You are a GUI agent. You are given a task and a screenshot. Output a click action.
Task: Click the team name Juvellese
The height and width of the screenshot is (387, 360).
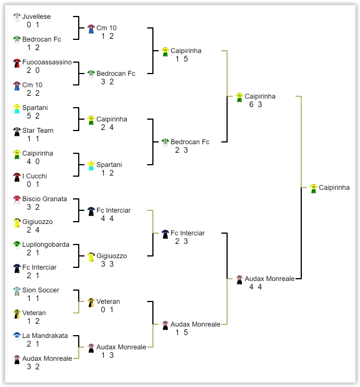click(x=37, y=17)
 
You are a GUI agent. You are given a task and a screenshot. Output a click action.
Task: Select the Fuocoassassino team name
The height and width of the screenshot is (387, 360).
click(x=47, y=62)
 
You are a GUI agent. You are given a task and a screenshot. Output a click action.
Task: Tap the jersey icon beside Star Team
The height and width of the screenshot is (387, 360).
click(x=17, y=132)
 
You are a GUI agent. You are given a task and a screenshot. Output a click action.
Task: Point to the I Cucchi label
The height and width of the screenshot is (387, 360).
click(x=34, y=176)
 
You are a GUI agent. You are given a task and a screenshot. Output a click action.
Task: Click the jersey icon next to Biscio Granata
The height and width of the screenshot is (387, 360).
click(x=17, y=200)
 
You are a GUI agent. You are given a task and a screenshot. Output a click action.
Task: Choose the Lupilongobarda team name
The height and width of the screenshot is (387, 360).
click(x=46, y=245)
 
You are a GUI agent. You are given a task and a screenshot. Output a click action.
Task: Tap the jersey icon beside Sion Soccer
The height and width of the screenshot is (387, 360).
click(x=17, y=291)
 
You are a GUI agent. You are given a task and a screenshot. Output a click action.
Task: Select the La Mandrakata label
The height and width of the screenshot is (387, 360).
click(x=45, y=336)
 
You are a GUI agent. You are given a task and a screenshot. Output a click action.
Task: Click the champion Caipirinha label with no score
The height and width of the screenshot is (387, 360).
click(x=334, y=188)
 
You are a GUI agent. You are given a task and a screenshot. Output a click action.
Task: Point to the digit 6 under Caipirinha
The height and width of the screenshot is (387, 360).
click(x=251, y=104)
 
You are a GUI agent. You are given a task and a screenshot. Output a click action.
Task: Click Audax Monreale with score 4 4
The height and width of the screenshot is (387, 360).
click(x=269, y=279)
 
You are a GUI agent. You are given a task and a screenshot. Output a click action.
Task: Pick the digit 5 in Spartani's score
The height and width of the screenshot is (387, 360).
click(x=29, y=116)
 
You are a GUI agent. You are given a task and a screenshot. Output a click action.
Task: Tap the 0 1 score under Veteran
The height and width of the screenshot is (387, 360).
click(x=107, y=309)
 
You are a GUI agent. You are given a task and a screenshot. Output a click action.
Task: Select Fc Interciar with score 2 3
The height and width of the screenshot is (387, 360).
click(x=188, y=233)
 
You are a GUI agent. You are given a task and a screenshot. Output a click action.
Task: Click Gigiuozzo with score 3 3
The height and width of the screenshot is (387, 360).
click(x=111, y=256)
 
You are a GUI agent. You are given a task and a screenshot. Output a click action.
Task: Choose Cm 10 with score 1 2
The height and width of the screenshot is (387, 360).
click(x=106, y=28)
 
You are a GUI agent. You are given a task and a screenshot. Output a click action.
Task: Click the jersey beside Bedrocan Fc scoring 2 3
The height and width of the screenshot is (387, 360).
click(x=165, y=143)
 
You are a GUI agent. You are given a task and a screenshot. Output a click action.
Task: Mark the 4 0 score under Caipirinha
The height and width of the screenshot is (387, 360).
click(x=33, y=161)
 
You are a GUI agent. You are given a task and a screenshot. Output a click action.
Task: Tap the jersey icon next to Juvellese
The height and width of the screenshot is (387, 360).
click(x=17, y=18)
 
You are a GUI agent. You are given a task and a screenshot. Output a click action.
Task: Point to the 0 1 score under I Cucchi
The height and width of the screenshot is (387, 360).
click(x=33, y=184)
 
